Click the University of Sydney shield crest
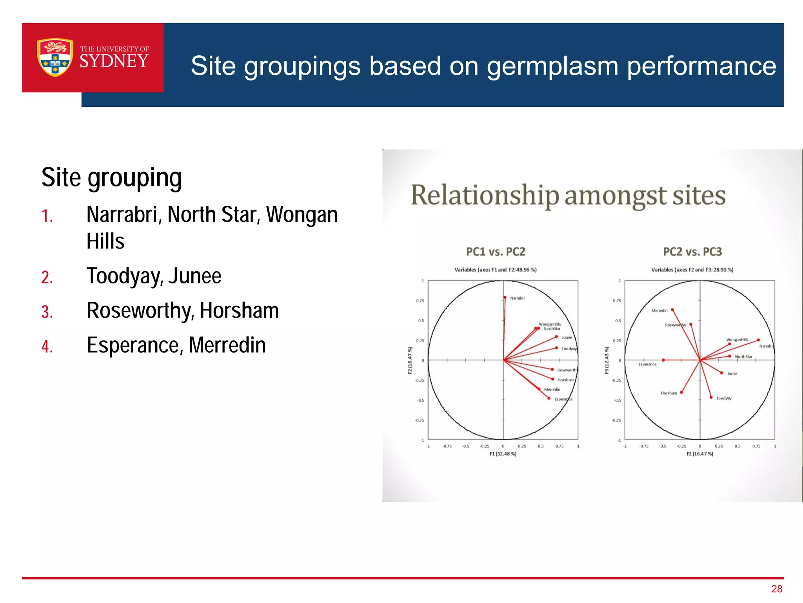(55, 57)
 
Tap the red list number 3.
(47, 312)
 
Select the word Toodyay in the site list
(124, 276)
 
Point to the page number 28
(776, 589)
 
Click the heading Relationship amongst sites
(568, 195)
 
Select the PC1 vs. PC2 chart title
(496, 252)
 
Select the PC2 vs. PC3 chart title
(692, 252)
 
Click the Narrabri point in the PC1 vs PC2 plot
(505, 298)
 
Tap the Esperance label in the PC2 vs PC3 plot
(647, 364)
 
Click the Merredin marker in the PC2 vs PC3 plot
(672, 310)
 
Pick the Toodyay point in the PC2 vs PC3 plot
(711, 397)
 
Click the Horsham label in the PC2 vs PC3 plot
(669, 393)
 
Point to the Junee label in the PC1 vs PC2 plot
(567, 337)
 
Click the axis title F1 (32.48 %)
(503, 454)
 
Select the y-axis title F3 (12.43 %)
(607, 360)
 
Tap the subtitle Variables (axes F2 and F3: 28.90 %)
(692, 270)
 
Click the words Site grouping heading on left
(112, 177)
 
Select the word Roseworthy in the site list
(140, 311)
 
